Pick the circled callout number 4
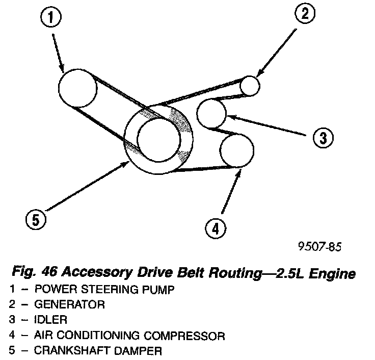pyautogui.click(x=216, y=229)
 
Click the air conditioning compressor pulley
pyautogui.click(x=236, y=150)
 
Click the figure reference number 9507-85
pyautogui.click(x=319, y=247)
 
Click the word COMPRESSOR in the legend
pyautogui.click(x=188, y=336)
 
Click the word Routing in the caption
pyautogui.click(x=230, y=274)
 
